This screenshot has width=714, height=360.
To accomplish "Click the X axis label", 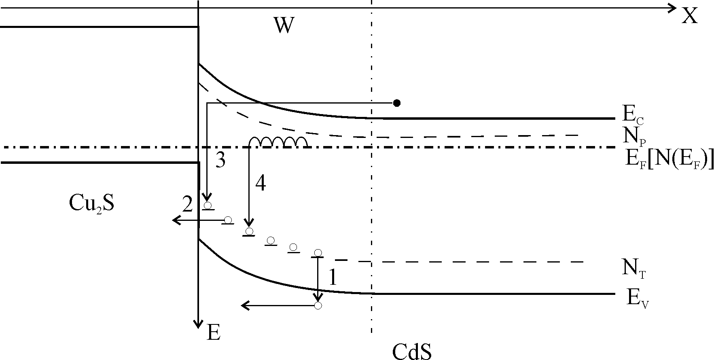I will pos(690,16).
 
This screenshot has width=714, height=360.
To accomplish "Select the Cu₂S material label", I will pos(91,203).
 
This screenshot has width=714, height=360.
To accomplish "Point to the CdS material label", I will pos(412,351).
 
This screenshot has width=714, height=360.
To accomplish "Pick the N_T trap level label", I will pos(633,269).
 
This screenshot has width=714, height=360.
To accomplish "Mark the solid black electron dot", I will pos(397,103).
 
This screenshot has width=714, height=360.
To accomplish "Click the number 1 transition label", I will pos(333,277).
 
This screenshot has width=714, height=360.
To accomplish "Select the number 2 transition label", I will pos(187,205).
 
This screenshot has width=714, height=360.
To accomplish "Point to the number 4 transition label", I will pos(261,184).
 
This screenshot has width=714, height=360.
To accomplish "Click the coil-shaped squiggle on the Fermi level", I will pos(278,142).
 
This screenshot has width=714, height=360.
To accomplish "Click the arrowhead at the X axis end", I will pos(672,8).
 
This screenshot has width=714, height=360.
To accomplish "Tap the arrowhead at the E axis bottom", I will pos(198,323).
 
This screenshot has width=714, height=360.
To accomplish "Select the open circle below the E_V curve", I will pos(318,305).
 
